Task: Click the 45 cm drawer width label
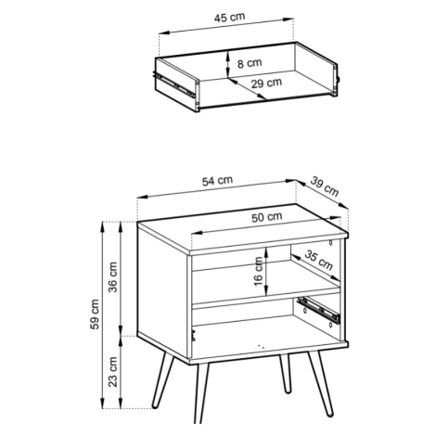[229, 18]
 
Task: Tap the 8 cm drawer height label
[250, 63]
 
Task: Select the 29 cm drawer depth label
[266, 83]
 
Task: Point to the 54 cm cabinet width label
[217, 181]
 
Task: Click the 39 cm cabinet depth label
[325, 186]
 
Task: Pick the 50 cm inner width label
[266, 217]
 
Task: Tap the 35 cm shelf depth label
[319, 260]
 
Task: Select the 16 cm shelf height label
[258, 271]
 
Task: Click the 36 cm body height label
[113, 276]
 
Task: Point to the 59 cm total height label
[96, 314]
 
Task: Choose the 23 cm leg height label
[113, 371]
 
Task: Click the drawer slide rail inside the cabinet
[318, 310]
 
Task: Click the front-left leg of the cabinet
[201, 392]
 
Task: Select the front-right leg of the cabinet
[320, 384]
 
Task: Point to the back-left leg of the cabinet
[163, 380]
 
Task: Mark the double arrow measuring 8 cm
[227, 64]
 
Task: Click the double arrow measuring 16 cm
[266, 271]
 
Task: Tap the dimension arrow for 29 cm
[247, 89]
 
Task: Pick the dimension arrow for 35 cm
[315, 267]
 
